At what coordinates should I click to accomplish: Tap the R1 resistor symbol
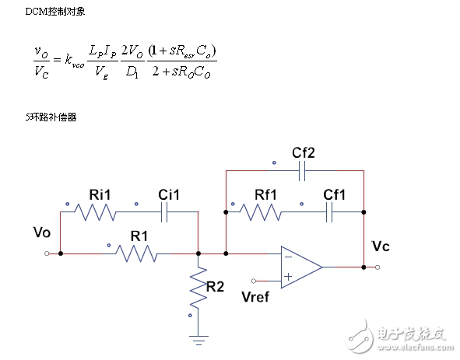(x=140, y=253)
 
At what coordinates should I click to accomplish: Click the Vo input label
(x=44, y=233)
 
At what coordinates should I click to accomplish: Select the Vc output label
(x=381, y=246)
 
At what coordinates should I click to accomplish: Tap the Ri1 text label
(x=100, y=194)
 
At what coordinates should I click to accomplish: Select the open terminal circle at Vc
(x=377, y=267)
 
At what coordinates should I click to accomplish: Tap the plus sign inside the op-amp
(x=288, y=276)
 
